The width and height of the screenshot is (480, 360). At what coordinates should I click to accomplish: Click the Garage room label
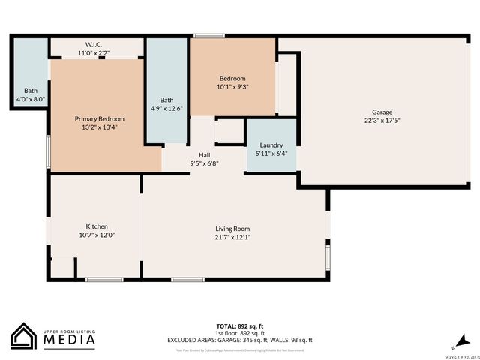(382, 112)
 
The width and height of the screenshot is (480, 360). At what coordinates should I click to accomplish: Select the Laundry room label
(271, 145)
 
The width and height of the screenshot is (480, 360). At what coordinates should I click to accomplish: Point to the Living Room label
(232, 229)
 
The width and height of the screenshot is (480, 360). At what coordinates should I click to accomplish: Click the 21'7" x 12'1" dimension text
(232, 237)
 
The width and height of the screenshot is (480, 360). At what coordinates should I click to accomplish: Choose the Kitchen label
(97, 226)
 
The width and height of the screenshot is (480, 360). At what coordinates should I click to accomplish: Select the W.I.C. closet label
(94, 44)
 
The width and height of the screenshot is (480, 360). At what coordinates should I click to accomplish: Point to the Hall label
(204, 154)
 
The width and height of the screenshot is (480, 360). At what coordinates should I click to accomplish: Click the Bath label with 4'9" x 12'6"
(166, 100)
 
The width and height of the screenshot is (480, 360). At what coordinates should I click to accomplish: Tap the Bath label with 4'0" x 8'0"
(31, 91)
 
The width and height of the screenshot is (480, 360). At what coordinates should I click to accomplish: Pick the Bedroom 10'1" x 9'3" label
(232, 78)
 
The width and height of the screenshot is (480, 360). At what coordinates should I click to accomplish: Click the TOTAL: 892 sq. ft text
(240, 325)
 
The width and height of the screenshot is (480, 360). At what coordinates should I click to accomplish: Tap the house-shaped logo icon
(25, 336)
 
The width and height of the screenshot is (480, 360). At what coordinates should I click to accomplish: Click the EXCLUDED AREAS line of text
(240, 340)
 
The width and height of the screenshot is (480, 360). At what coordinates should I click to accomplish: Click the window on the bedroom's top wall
(209, 35)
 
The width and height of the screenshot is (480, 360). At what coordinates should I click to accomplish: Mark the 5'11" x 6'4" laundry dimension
(271, 153)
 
